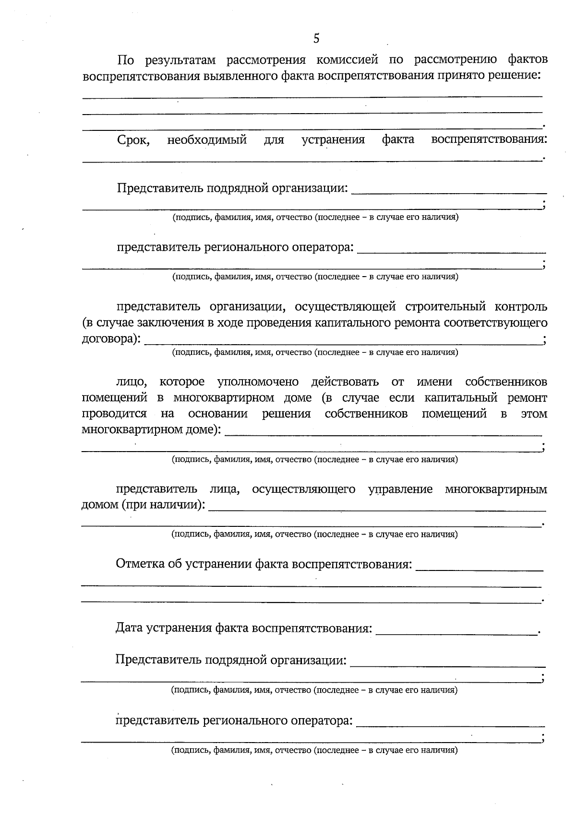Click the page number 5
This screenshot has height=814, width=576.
pos(316,39)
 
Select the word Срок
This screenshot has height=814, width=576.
pos(133,140)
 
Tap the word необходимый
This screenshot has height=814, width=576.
pos(207,140)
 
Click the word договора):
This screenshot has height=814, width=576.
pos(111,339)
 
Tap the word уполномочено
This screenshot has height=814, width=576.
pos(258,382)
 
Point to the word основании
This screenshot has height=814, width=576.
pos(218,414)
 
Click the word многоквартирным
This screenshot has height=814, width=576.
pos(496,489)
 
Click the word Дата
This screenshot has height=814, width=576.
pos(129,628)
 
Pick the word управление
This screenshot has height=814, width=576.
pos(400,489)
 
